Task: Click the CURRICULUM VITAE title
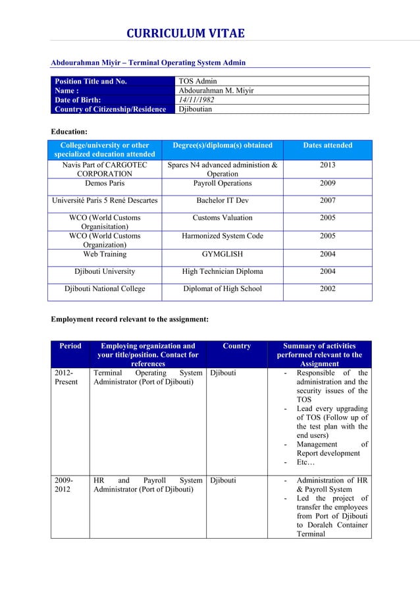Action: [185, 34]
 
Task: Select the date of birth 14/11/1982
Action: [196, 100]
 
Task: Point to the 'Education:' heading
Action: [69, 132]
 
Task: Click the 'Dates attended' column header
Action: [327, 146]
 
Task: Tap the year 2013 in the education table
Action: [327, 165]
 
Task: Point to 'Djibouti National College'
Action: [105, 288]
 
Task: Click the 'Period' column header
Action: [70, 346]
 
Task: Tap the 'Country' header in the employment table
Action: [236, 346]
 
